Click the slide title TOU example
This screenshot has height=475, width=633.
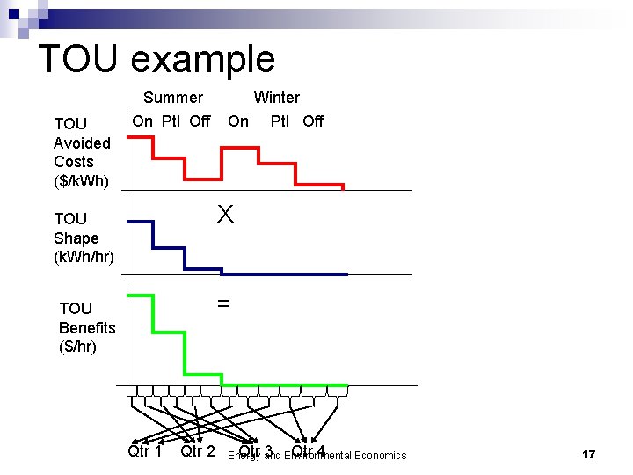pos(156,59)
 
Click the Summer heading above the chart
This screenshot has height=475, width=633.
pos(173,98)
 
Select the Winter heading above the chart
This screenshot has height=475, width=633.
pos(277,98)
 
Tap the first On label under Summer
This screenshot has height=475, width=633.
pos(142,121)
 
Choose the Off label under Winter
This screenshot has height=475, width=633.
pos(313,121)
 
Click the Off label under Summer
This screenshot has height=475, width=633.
pos(200,121)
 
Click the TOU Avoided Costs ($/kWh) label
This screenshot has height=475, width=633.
pos(82,152)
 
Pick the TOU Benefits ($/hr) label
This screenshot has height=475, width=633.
pos(86,327)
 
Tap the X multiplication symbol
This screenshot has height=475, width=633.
pos(226,215)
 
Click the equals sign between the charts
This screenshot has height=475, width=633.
pos(223,303)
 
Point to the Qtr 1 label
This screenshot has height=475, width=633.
pos(145,451)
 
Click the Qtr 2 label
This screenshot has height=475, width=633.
pos(198,451)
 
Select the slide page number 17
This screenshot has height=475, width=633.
pos(589,455)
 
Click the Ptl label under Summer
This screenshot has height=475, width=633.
pos(171,121)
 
